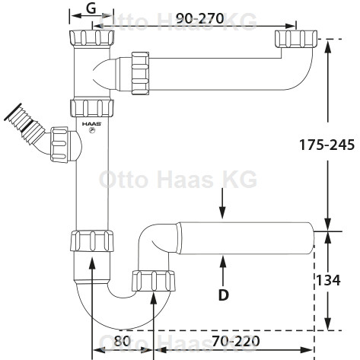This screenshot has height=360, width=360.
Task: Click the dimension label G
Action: click(x=91, y=8)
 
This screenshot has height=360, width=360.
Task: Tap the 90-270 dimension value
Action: click(x=199, y=18)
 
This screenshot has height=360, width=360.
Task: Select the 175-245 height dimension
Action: click(x=327, y=145)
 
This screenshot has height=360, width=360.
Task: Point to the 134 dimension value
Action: click(x=328, y=280)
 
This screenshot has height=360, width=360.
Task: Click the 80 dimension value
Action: click(x=122, y=341)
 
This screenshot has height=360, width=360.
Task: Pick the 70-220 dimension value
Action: click(x=236, y=341)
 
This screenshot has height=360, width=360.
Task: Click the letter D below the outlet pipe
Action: click(x=223, y=295)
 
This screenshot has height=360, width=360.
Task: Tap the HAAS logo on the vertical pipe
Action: click(x=91, y=124)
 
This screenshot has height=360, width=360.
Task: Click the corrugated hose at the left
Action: click(x=24, y=127)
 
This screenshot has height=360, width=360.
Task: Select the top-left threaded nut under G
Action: click(x=91, y=38)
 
